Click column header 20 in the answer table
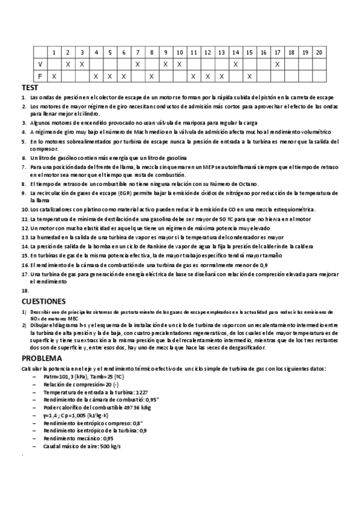click(319, 52)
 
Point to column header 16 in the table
click(263, 52)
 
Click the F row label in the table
click(40, 76)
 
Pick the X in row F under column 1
click(54, 76)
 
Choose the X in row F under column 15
click(249, 76)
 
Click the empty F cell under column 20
click(319, 76)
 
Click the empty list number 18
click(25, 290)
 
